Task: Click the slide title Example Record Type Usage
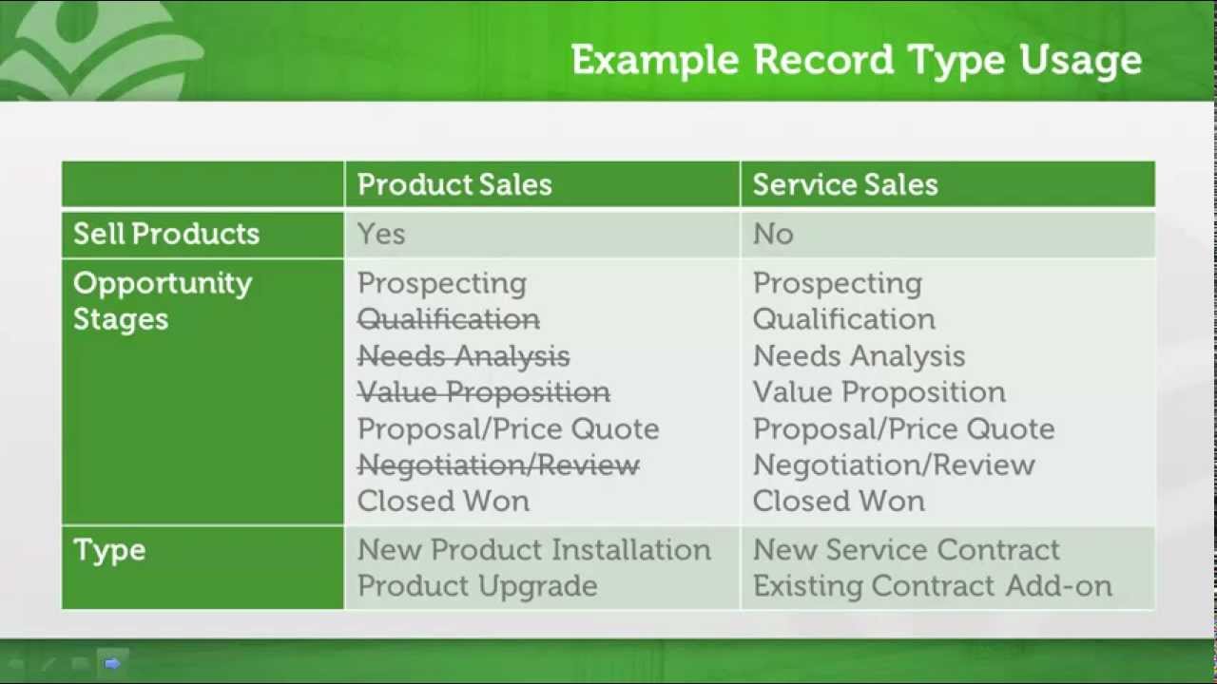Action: coord(856,60)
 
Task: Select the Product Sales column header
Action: coord(454,184)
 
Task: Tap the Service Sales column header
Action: coord(844,184)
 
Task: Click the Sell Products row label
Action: coord(166,235)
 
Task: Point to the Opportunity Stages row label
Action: coord(163,300)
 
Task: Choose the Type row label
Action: coord(109,550)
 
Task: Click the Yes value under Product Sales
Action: coord(381,235)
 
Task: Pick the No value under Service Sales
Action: coord(772,235)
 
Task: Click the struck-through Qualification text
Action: coord(448,319)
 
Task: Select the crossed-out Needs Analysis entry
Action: coord(463,356)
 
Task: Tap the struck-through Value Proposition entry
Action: coord(483,392)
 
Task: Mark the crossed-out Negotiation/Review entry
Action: coord(498,465)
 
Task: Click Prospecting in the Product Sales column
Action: coord(441,283)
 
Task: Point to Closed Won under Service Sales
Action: coord(838,502)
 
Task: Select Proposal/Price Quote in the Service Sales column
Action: coord(903,429)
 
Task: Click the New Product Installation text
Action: coord(533,550)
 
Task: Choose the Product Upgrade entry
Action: coord(477,586)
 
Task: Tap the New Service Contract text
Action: coord(905,550)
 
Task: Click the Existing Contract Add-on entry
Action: coord(932,586)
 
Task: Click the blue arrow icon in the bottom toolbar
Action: coord(112,663)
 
